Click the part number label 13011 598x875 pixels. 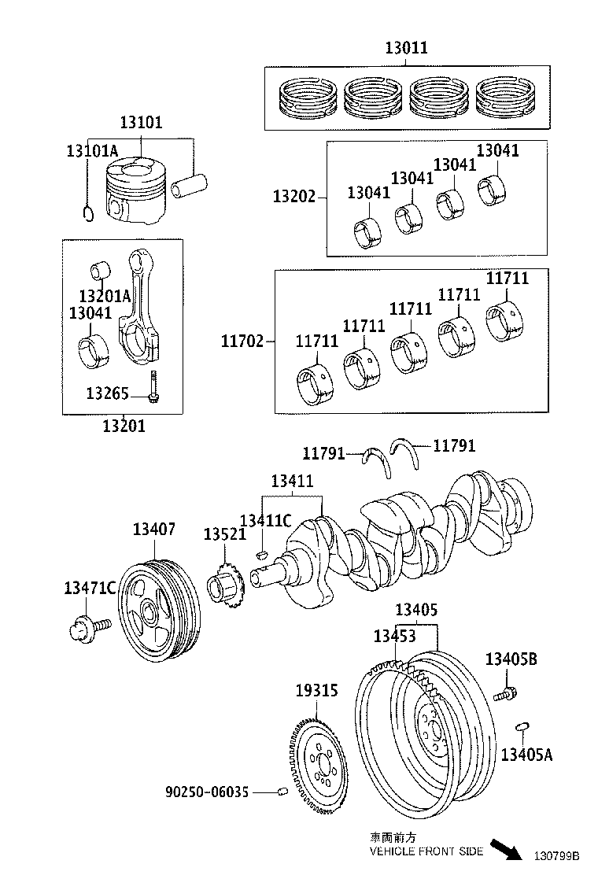(406, 48)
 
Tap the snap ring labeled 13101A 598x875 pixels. (89, 212)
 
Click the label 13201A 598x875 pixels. (105, 296)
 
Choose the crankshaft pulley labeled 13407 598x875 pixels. (157, 611)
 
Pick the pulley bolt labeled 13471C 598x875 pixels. (89, 627)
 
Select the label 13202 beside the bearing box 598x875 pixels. (294, 197)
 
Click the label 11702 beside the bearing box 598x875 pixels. (242, 342)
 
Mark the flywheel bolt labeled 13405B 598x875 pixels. (504, 695)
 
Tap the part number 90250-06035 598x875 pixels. (207, 792)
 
